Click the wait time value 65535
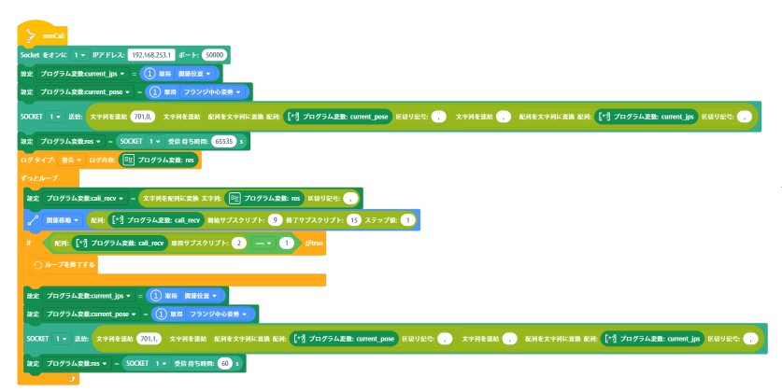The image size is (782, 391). coord(223,141)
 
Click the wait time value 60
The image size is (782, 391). coord(224,362)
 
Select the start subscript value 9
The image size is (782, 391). coord(275,220)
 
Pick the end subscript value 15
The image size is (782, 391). coord(353,220)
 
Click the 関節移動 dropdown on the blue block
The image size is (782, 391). coord(60,220)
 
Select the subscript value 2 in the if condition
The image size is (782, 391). coord(239,244)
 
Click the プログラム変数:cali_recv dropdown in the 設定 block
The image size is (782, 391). coord(85,198)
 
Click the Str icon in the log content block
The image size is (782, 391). coord(128,160)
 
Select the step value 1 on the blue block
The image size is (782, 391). coord(407,220)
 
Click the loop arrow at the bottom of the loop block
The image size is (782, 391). coord(71,379)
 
